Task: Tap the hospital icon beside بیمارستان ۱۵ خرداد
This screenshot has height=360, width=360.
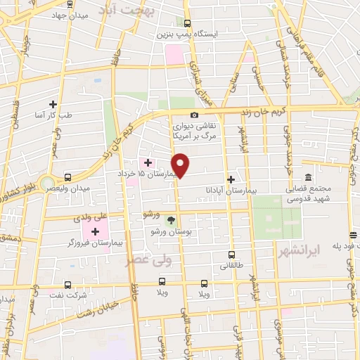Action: click(x=148, y=162)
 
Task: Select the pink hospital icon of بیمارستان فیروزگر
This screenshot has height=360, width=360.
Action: click(x=94, y=230)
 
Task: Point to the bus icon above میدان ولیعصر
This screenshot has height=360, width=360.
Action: click(x=67, y=177)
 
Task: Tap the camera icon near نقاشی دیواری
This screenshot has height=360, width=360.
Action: click(x=194, y=115)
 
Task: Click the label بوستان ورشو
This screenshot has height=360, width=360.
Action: click(x=171, y=231)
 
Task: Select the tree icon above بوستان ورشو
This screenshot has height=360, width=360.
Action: click(x=171, y=219)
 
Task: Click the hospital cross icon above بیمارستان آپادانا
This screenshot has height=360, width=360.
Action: click(x=231, y=179)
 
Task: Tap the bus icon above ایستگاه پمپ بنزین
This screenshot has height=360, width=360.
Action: click(x=186, y=23)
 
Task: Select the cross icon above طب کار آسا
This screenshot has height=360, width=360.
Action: click(x=53, y=103)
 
